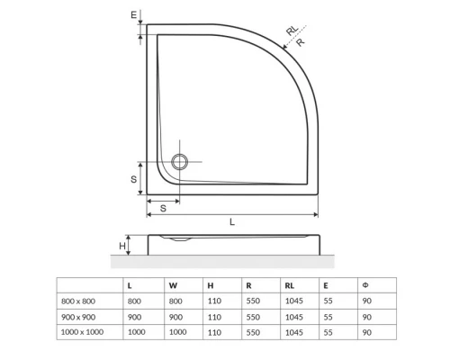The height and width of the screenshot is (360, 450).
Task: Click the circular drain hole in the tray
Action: pos(180,162)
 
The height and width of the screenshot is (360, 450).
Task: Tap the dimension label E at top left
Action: pos(132,15)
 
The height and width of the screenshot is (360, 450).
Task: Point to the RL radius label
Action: pos(291,31)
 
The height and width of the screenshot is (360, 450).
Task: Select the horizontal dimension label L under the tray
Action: pos(232,221)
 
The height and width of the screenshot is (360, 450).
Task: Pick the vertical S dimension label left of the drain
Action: pos(133,179)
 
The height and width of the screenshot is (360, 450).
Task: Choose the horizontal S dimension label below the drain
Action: pos(163,208)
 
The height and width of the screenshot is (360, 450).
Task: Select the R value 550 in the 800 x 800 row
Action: pos(252,301)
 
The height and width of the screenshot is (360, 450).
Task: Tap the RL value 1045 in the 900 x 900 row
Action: pos(292,317)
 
